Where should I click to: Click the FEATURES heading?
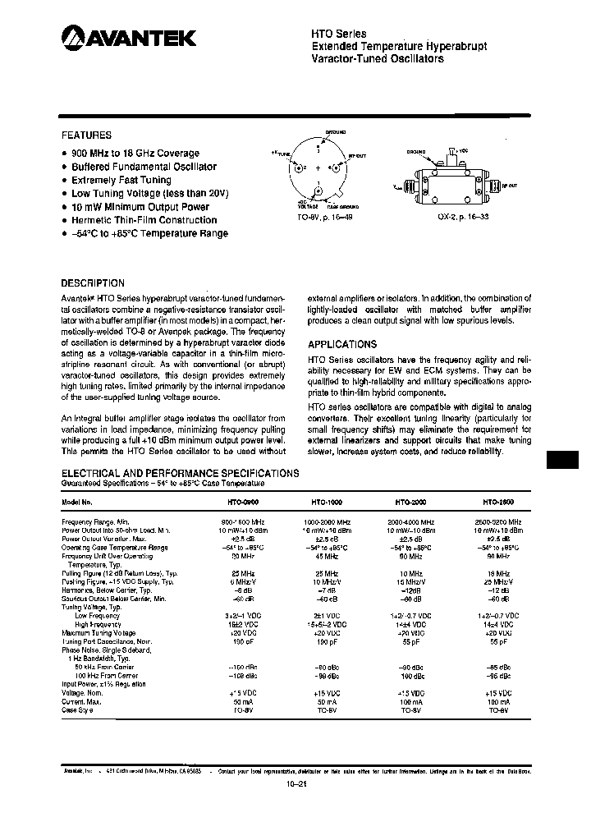[86, 135]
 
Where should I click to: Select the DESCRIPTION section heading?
[94, 282]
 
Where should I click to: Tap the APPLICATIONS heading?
[342, 345]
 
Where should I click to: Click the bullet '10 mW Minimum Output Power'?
[140, 207]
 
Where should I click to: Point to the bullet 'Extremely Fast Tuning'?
[121, 180]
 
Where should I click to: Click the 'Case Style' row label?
[80, 709]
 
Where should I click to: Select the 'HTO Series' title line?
[339, 34]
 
